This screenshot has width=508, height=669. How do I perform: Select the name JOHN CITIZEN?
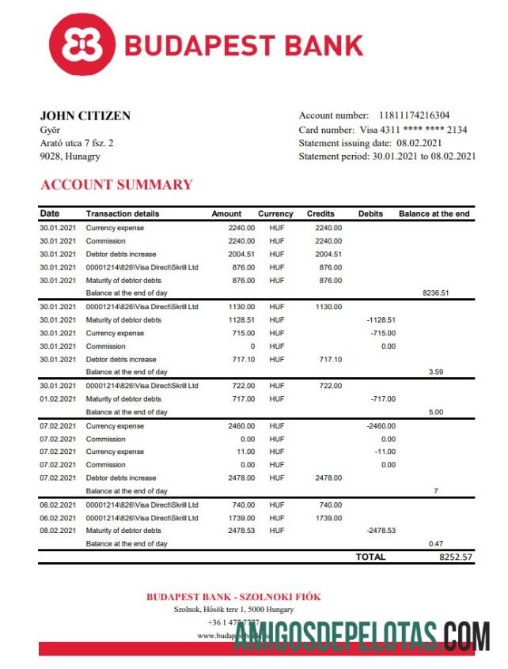(x=85, y=116)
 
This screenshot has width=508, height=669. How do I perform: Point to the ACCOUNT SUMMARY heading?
(x=116, y=185)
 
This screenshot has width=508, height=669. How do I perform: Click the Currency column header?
(x=275, y=214)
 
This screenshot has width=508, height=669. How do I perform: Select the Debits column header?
(x=370, y=214)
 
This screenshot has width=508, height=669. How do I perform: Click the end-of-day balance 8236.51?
(x=435, y=293)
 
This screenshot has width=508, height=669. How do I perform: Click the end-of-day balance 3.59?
(x=435, y=372)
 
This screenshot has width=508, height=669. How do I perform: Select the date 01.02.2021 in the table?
(x=58, y=399)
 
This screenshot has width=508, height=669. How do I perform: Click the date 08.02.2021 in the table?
(x=58, y=531)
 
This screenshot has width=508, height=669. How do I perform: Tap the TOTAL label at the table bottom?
(x=371, y=557)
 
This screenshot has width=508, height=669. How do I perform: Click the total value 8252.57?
(x=456, y=557)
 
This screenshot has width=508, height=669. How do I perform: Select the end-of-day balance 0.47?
(x=435, y=544)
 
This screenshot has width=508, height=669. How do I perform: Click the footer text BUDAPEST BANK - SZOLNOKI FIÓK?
(x=233, y=597)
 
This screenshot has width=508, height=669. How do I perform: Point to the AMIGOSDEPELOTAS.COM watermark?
(x=361, y=637)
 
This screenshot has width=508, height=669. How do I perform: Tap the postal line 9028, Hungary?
(x=70, y=157)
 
